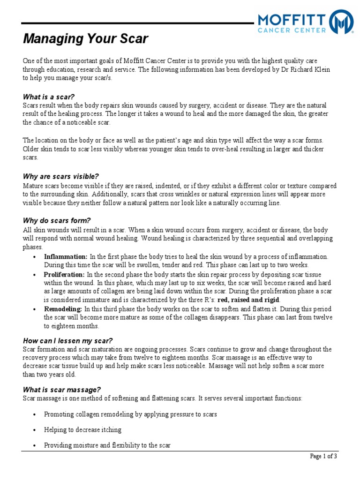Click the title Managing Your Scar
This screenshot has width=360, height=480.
[86, 39]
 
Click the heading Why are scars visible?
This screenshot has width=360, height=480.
[61, 177]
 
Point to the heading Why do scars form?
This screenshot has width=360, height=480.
[57, 221]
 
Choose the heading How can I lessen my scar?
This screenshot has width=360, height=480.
[68, 341]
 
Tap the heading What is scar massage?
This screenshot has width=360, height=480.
[62, 390]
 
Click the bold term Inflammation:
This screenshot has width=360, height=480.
[66, 257]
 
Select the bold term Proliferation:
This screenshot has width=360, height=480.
[64, 275]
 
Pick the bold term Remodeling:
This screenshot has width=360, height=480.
[63, 309]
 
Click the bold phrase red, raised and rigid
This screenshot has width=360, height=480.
[249, 300]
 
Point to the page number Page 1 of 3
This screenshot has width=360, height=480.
[323, 456]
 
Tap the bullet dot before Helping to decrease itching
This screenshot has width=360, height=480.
[35, 430]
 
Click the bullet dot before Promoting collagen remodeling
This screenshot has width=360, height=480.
[35, 415]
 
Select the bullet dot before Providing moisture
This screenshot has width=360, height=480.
[35, 446]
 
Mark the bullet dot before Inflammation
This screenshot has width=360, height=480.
[35, 257]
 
